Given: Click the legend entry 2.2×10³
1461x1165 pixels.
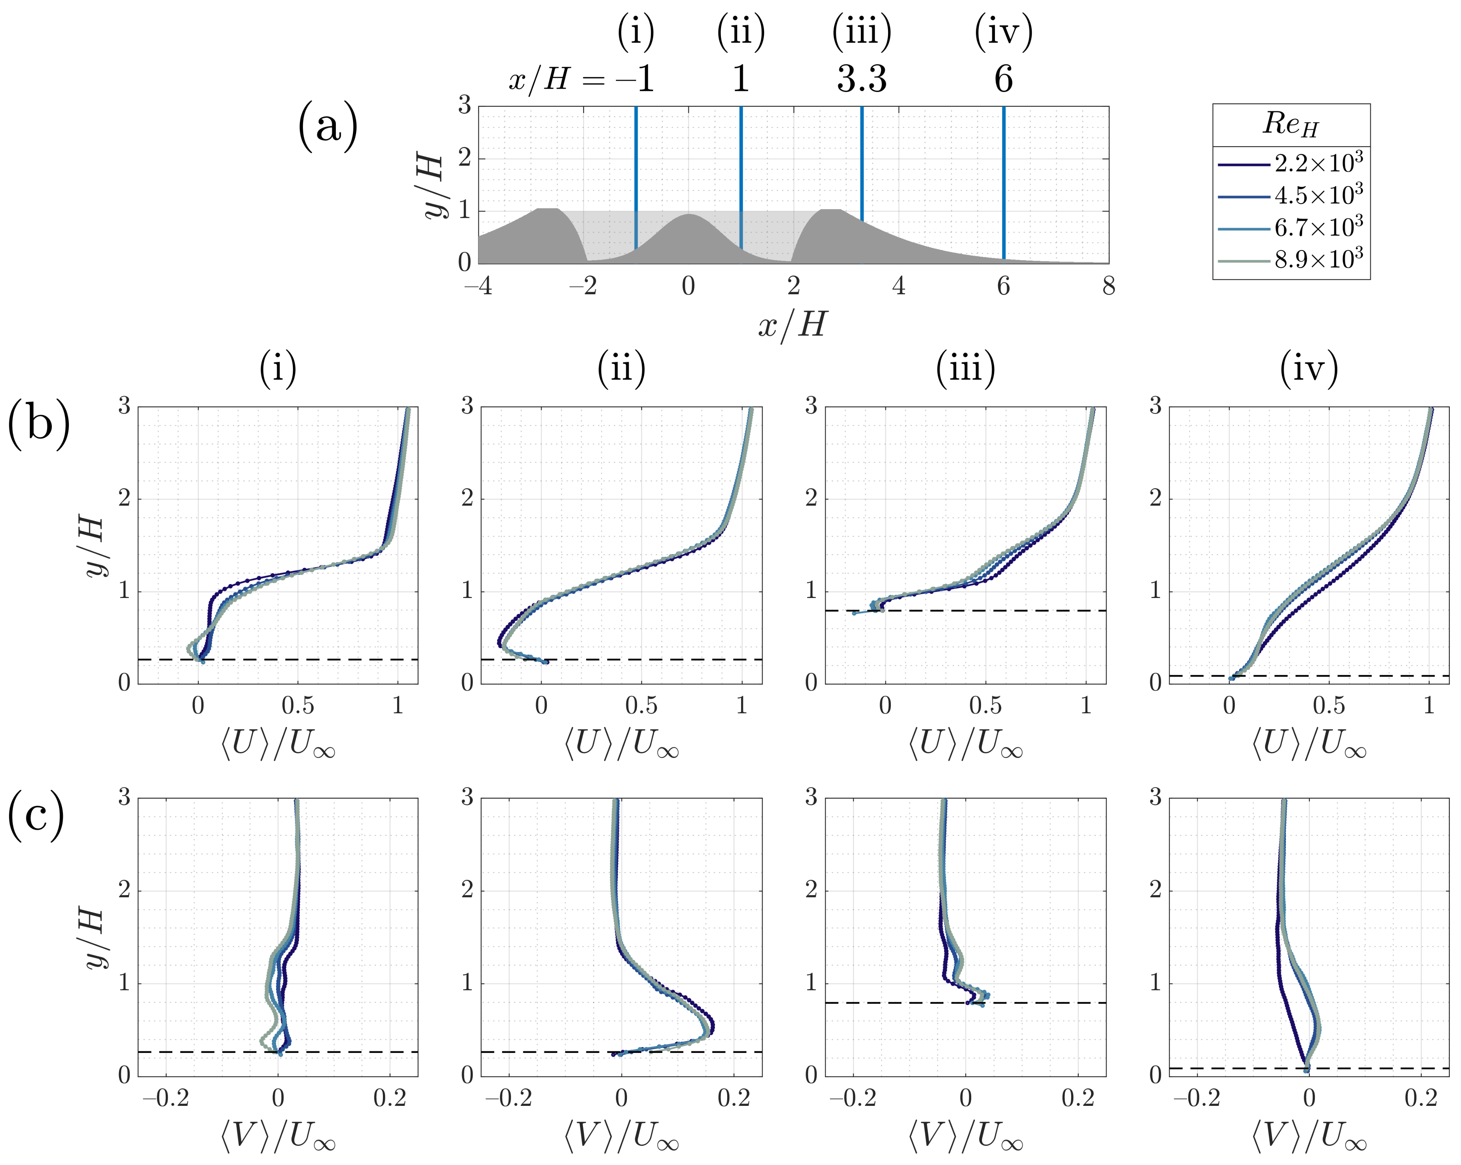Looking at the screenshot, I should point(1318,164).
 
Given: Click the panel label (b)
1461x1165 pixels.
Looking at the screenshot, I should point(39,425).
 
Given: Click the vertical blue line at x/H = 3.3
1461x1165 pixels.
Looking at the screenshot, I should point(862,162).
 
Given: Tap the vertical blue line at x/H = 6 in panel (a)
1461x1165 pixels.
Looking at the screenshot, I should point(1004,183).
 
